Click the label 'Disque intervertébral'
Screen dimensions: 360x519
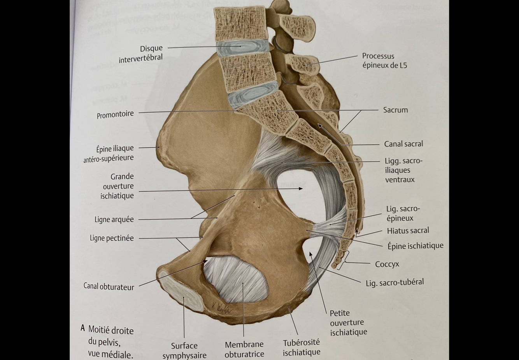click(x=140, y=53)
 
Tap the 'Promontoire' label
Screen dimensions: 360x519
click(x=115, y=114)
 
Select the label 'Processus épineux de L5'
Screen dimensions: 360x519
click(x=384, y=61)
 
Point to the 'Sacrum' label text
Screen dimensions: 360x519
click(x=395, y=110)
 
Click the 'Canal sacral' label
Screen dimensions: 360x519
click(x=403, y=144)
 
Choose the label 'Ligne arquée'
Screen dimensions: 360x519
click(x=114, y=220)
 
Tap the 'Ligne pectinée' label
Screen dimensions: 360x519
click(x=112, y=238)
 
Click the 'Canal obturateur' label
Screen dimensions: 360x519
click(x=109, y=287)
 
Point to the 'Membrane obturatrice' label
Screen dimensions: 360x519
click(x=244, y=349)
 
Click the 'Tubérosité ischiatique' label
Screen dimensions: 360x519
click(x=302, y=347)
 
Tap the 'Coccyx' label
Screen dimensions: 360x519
click(x=387, y=264)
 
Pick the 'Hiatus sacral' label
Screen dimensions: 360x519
click(x=408, y=231)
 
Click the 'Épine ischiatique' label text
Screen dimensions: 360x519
click(x=415, y=246)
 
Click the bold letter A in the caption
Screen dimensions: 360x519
click(x=82, y=328)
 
